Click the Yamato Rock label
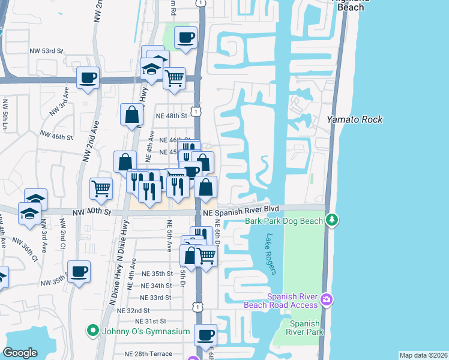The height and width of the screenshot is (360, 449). (x=354, y=119)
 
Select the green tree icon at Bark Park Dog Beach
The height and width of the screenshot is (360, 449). (x=331, y=221)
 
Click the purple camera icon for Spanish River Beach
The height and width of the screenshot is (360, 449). (x=326, y=299)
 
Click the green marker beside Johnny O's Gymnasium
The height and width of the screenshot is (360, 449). (x=92, y=330)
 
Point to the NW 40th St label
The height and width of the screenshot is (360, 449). (x=93, y=212)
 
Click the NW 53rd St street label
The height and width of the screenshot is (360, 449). (x=46, y=52)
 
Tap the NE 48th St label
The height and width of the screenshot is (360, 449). (x=171, y=116)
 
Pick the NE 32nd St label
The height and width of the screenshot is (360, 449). (x=133, y=310)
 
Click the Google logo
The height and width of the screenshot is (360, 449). (x=20, y=353)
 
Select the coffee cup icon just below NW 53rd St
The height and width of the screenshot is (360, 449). (x=88, y=77)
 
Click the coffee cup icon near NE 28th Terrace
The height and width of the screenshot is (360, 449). (x=206, y=334)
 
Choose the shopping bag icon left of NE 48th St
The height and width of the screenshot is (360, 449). (x=131, y=114)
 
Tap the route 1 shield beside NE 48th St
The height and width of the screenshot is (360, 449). (x=196, y=111)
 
